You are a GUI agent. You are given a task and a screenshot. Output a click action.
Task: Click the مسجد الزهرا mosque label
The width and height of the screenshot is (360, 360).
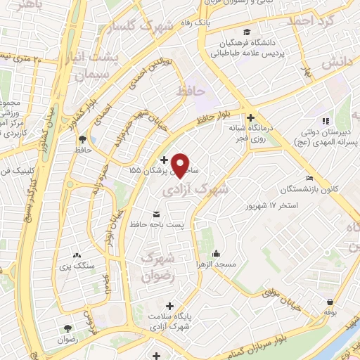[x=216, y=263]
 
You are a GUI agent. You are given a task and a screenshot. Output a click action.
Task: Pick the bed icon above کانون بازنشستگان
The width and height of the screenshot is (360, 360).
[x=310, y=179]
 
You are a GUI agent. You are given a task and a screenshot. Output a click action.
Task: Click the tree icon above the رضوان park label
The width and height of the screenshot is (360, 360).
[x=68, y=328]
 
